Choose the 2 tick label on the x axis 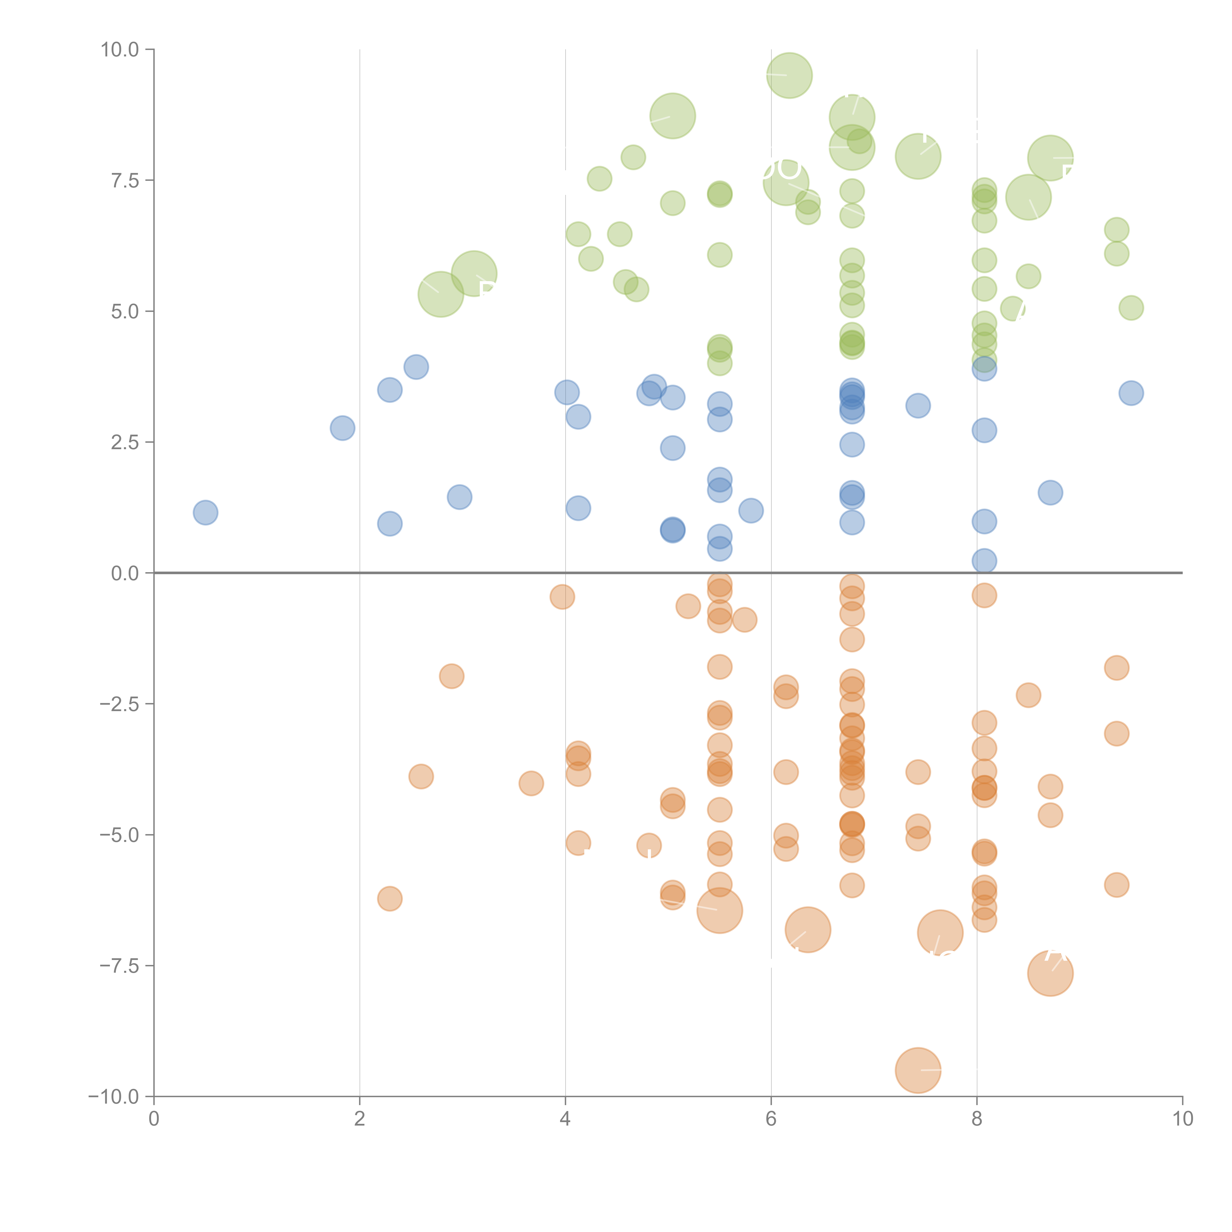(x=360, y=1119)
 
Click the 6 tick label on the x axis (x=771, y=1119)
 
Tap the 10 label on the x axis (x=1182, y=1119)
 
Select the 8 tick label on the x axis (x=977, y=1119)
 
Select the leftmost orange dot (x=390, y=898)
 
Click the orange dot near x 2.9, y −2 (x=451, y=676)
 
